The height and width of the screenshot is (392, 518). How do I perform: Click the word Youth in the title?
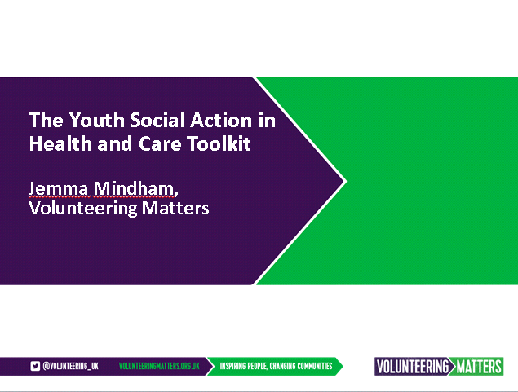(96, 120)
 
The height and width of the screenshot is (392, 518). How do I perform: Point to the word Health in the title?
(60, 143)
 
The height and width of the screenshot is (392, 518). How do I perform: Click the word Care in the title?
(160, 144)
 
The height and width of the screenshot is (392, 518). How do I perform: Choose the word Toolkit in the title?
(219, 143)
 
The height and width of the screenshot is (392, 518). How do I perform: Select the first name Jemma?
(59, 189)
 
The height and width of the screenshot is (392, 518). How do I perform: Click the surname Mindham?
(135, 188)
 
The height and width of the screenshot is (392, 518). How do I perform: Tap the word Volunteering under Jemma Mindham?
(83, 209)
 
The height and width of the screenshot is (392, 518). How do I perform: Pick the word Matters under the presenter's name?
(175, 208)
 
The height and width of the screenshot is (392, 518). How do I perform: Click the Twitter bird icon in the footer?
(35, 366)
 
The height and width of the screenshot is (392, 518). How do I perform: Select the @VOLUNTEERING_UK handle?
(71, 366)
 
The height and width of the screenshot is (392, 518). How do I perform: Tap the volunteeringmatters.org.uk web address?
(159, 366)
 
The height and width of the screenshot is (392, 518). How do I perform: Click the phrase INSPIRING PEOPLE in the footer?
(243, 366)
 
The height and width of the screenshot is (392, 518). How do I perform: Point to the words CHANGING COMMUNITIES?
(301, 366)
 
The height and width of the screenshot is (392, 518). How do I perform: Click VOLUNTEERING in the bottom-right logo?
(412, 367)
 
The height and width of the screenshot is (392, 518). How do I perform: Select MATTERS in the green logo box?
(479, 367)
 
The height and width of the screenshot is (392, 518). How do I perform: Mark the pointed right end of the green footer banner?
(343, 366)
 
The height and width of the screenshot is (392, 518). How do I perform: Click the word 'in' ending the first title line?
(267, 120)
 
